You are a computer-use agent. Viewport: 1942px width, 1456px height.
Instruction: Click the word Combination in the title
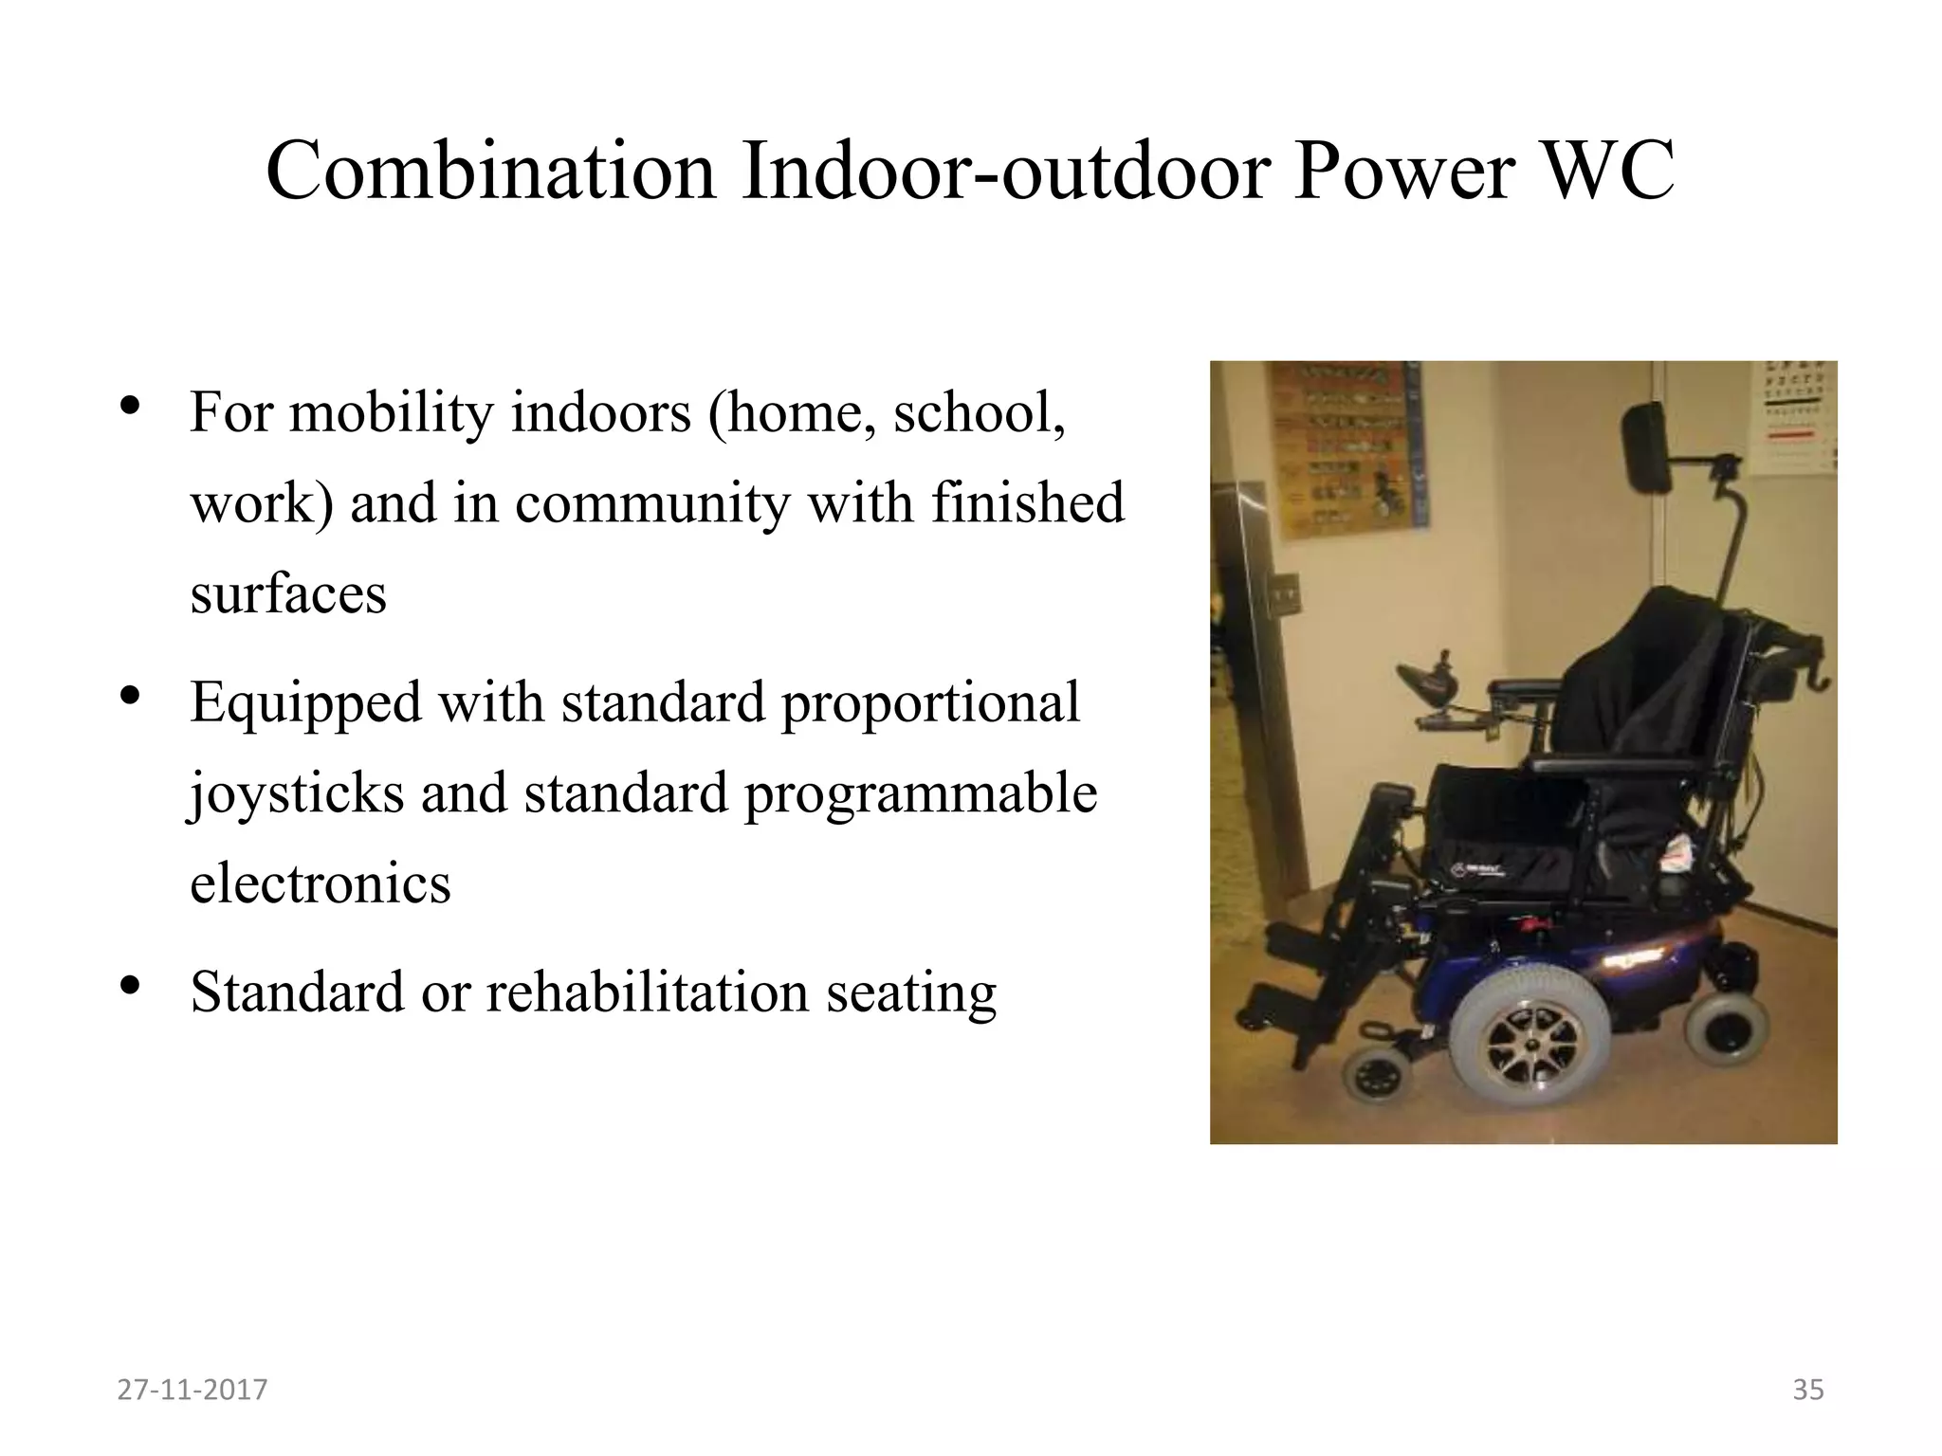click(490, 172)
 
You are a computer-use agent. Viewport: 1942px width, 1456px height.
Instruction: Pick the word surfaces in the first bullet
click(288, 594)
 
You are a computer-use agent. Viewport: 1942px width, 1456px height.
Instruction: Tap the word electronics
click(321, 883)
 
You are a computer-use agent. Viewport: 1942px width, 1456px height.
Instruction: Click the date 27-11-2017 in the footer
click(192, 1390)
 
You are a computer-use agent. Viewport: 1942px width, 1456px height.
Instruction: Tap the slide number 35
click(1807, 1390)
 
